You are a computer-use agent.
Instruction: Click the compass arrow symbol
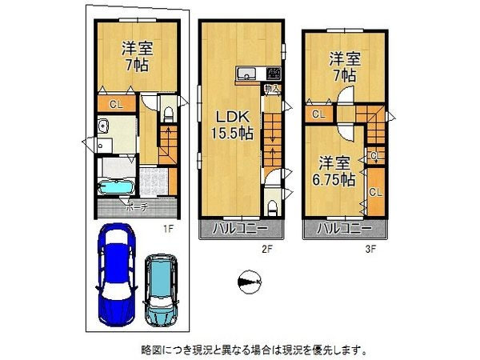pyautogui.click(x=250, y=281)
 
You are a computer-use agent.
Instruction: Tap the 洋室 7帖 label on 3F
pyautogui.click(x=344, y=68)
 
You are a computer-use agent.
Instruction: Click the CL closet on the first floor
pyautogui.click(x=116, y=104)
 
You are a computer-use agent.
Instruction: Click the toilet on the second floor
pyautogui.click(x=274, y=208)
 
